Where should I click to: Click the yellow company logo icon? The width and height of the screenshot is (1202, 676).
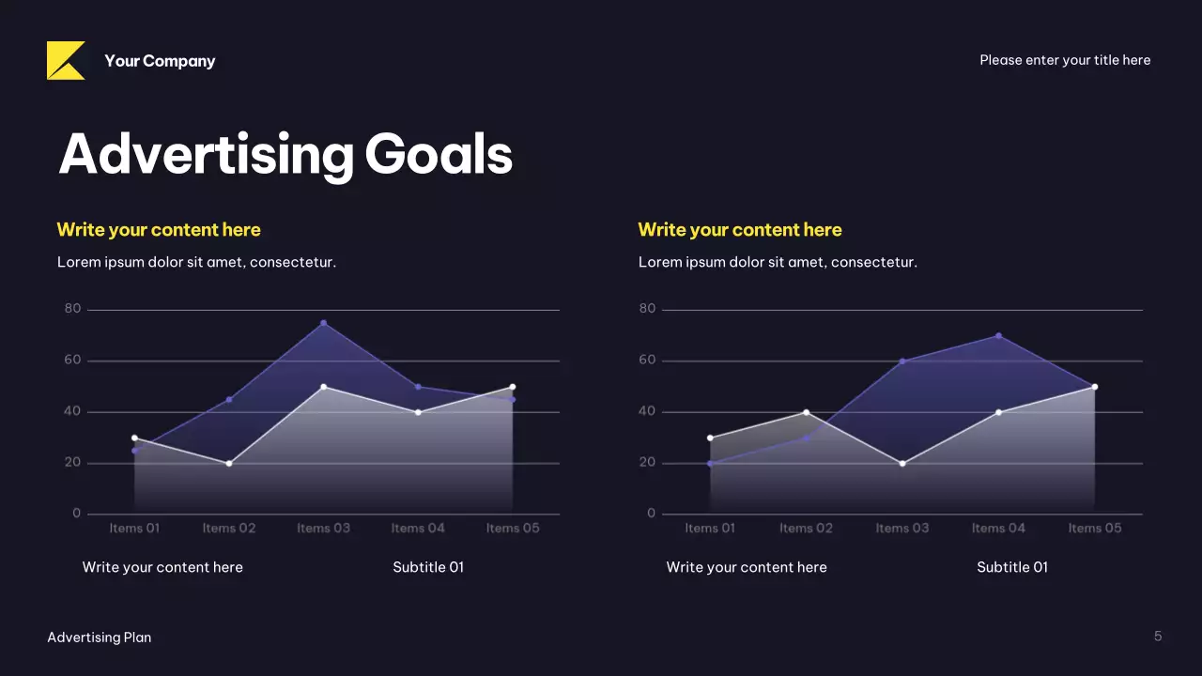click(66, 61)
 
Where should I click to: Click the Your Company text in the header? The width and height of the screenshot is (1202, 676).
click(160, 61)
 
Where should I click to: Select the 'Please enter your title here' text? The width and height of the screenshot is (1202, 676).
click(1065, 60)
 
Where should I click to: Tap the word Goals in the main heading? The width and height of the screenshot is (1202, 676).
click(439, 154)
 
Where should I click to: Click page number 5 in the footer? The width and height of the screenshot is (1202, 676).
click(1158, 637)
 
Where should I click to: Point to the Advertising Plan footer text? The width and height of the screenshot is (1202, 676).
click(99, 638)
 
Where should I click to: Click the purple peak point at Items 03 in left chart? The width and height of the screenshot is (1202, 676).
click(324, 323)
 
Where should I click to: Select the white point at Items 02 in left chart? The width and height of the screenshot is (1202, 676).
click(229, 463)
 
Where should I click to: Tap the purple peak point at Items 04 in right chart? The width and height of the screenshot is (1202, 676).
click(998, 335)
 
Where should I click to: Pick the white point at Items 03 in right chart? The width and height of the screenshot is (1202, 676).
click(902, 463)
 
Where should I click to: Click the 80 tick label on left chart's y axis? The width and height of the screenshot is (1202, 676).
click(72, 309)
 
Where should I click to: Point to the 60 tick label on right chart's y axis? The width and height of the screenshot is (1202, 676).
click(647, 361)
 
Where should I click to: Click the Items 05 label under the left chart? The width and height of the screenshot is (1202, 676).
click(513, 529)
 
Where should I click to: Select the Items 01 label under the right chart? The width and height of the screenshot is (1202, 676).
click(710, 529)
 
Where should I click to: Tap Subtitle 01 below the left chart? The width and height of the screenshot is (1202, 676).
click(428, 567)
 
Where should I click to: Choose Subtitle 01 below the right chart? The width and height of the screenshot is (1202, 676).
click(1012, 567)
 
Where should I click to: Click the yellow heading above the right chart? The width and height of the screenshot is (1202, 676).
click(740, 230)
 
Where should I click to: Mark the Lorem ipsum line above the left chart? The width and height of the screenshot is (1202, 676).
click(196, 262)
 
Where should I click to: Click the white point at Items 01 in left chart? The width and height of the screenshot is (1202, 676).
click(134, 438)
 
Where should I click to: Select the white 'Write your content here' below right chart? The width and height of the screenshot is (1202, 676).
click(747, 567)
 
